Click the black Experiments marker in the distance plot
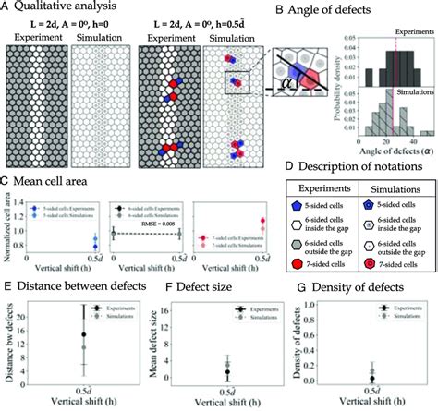83,336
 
